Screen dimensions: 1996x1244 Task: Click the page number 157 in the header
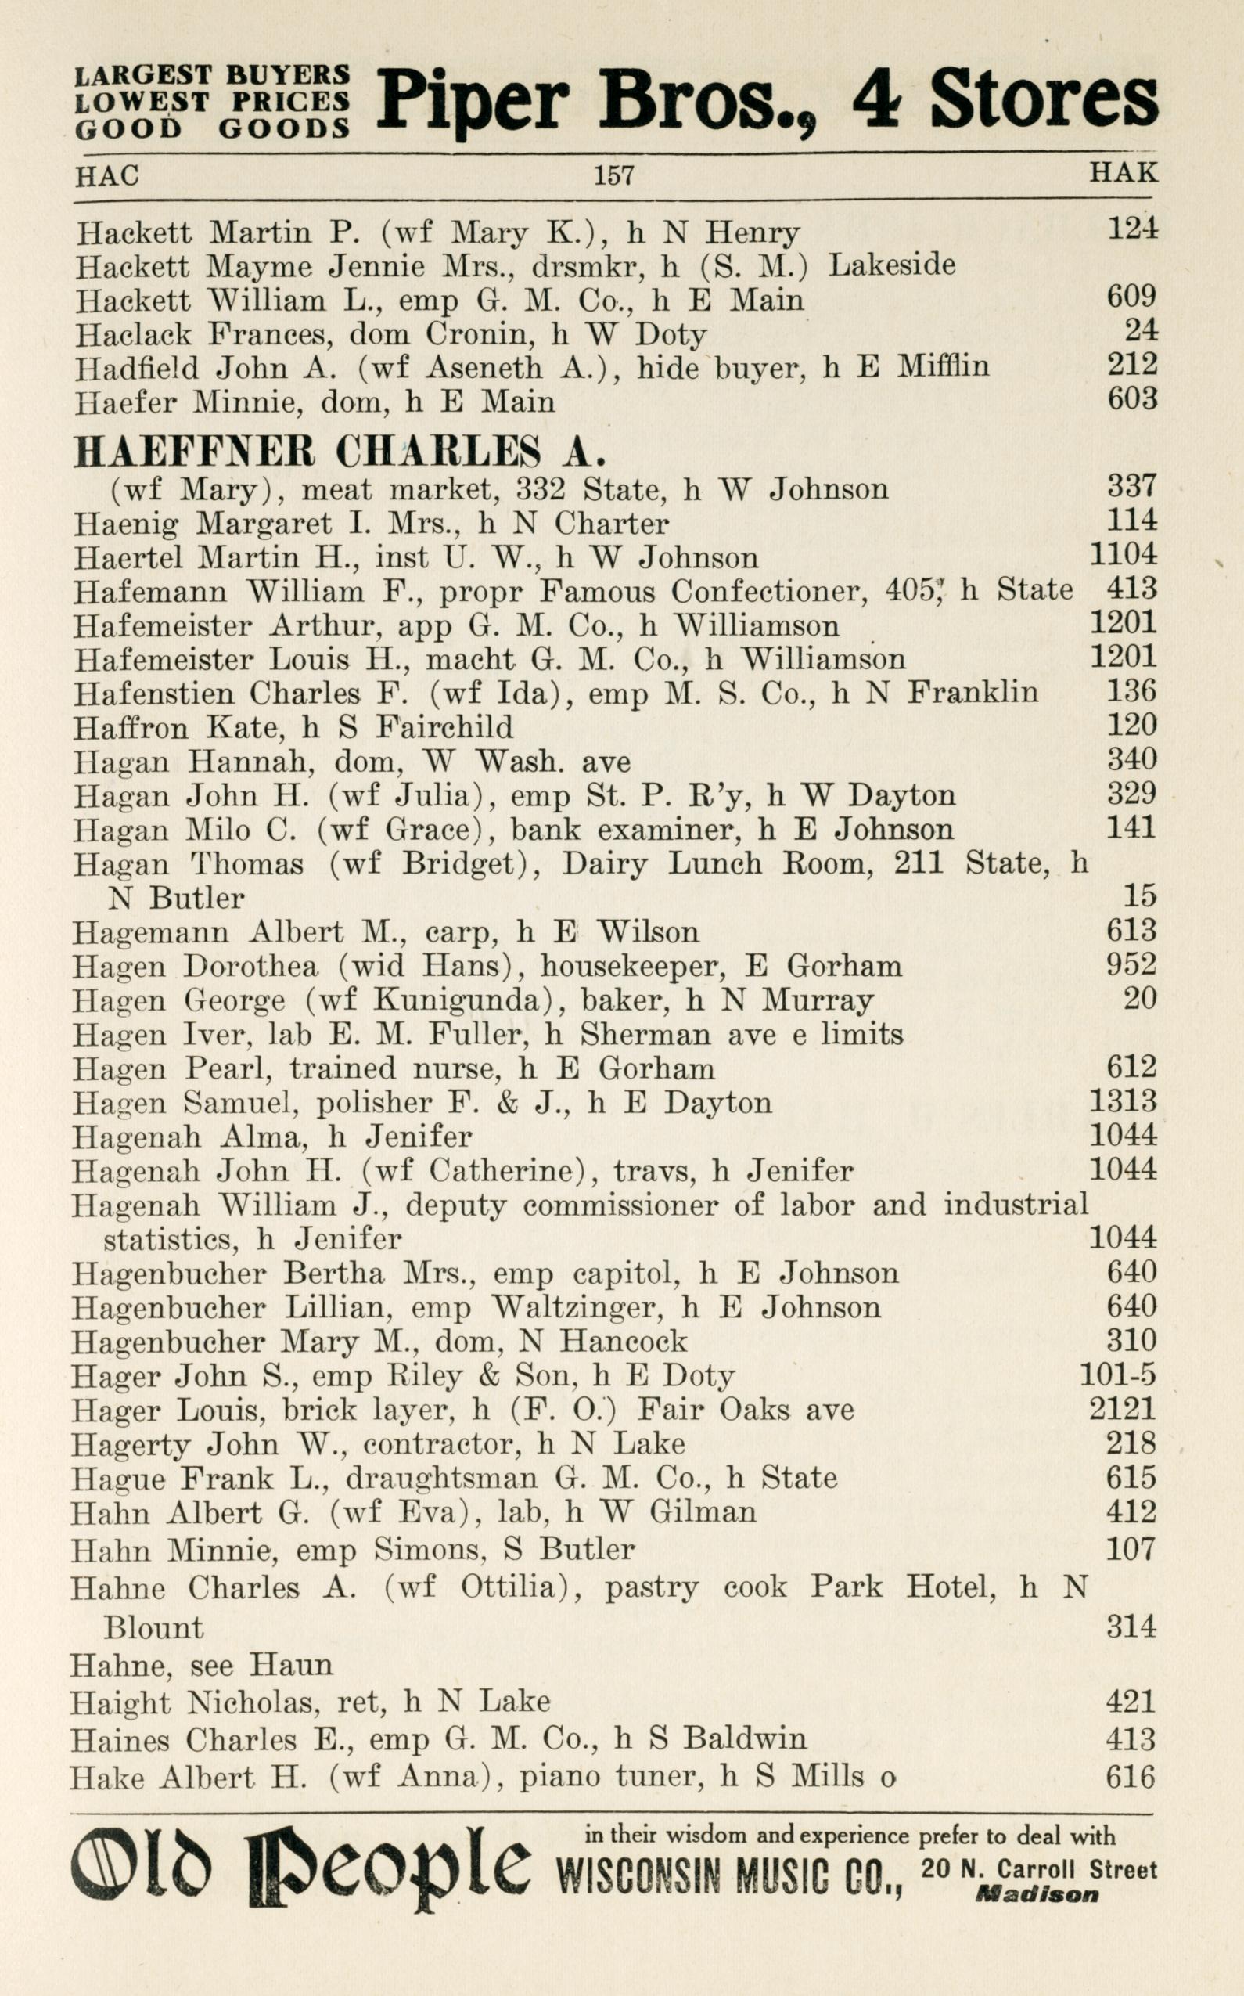coord(613,175)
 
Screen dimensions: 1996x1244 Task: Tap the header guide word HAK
coord(1123,173)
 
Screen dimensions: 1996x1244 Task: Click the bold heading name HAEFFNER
coord(194,452)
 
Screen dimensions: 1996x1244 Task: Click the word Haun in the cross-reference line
coord(291,1664)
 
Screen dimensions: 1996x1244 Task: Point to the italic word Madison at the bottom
coord(1037,1894)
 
